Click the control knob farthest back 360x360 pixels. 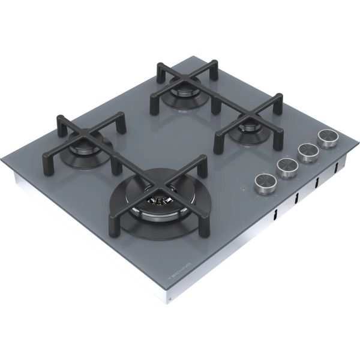328,139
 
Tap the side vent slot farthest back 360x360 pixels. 337,166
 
